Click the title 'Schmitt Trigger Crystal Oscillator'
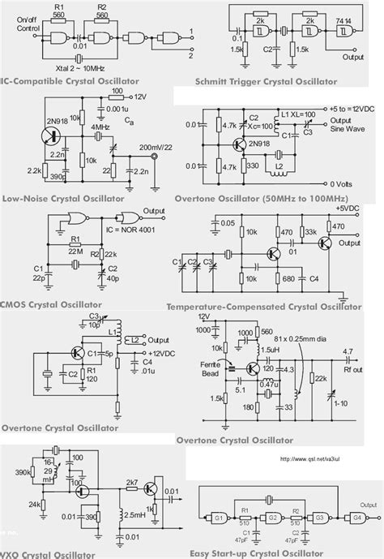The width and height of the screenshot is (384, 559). point(288,83)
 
